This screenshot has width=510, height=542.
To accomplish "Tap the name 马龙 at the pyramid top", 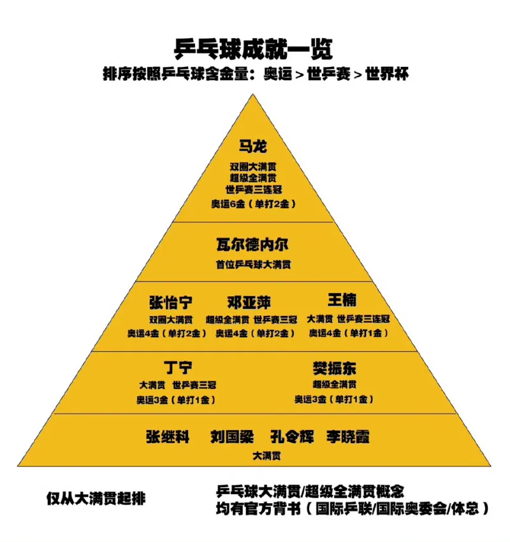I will (x=253, y=146).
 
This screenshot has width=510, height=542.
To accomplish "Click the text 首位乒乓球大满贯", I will (x=253, y=264).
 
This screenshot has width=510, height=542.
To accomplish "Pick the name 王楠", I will (x=342, y=300).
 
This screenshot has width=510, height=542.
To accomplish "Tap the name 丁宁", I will (x=178, y=367).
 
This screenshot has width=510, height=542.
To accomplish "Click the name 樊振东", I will (x=334, y=368).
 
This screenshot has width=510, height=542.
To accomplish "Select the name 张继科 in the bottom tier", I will (x=168, y=437).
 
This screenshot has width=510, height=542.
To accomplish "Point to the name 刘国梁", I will (x=232, y=437).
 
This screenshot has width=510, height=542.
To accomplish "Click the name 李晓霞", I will (x=348, y=437).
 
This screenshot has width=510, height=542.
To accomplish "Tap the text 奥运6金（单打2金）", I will (x=254, y=204).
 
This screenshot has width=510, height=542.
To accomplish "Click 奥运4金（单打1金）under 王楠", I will (x=349, y=333).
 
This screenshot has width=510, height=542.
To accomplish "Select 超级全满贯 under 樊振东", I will (x=334, y=385).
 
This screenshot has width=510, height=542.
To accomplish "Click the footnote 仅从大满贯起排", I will (x=96, y=498).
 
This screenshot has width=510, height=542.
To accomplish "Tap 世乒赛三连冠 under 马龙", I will (x=253, y=190).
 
